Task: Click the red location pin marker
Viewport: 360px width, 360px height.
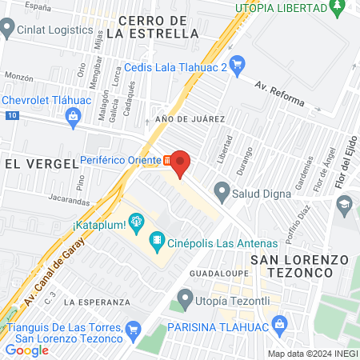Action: [x=181, y=163]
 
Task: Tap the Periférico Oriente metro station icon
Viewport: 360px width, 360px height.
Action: [x=166, y=160]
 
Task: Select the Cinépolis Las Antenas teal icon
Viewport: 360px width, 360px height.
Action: [x=157, y=238]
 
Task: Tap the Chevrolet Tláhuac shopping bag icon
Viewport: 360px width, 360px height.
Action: [x=74, y=117]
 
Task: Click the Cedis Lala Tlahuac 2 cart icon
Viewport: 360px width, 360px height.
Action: [x=237, y=63]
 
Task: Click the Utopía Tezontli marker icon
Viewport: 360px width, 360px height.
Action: [x=186, y=300]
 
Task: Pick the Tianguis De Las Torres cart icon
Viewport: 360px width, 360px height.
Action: [x=134, y=329]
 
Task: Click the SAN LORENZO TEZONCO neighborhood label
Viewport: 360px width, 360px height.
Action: [x=300, y=266]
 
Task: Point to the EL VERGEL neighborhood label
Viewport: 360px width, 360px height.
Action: [x=40, y=162]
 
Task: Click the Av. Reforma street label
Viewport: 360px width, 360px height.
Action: [x=279, y=94]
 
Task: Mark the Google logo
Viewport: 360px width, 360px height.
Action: [x=27, y=350]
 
